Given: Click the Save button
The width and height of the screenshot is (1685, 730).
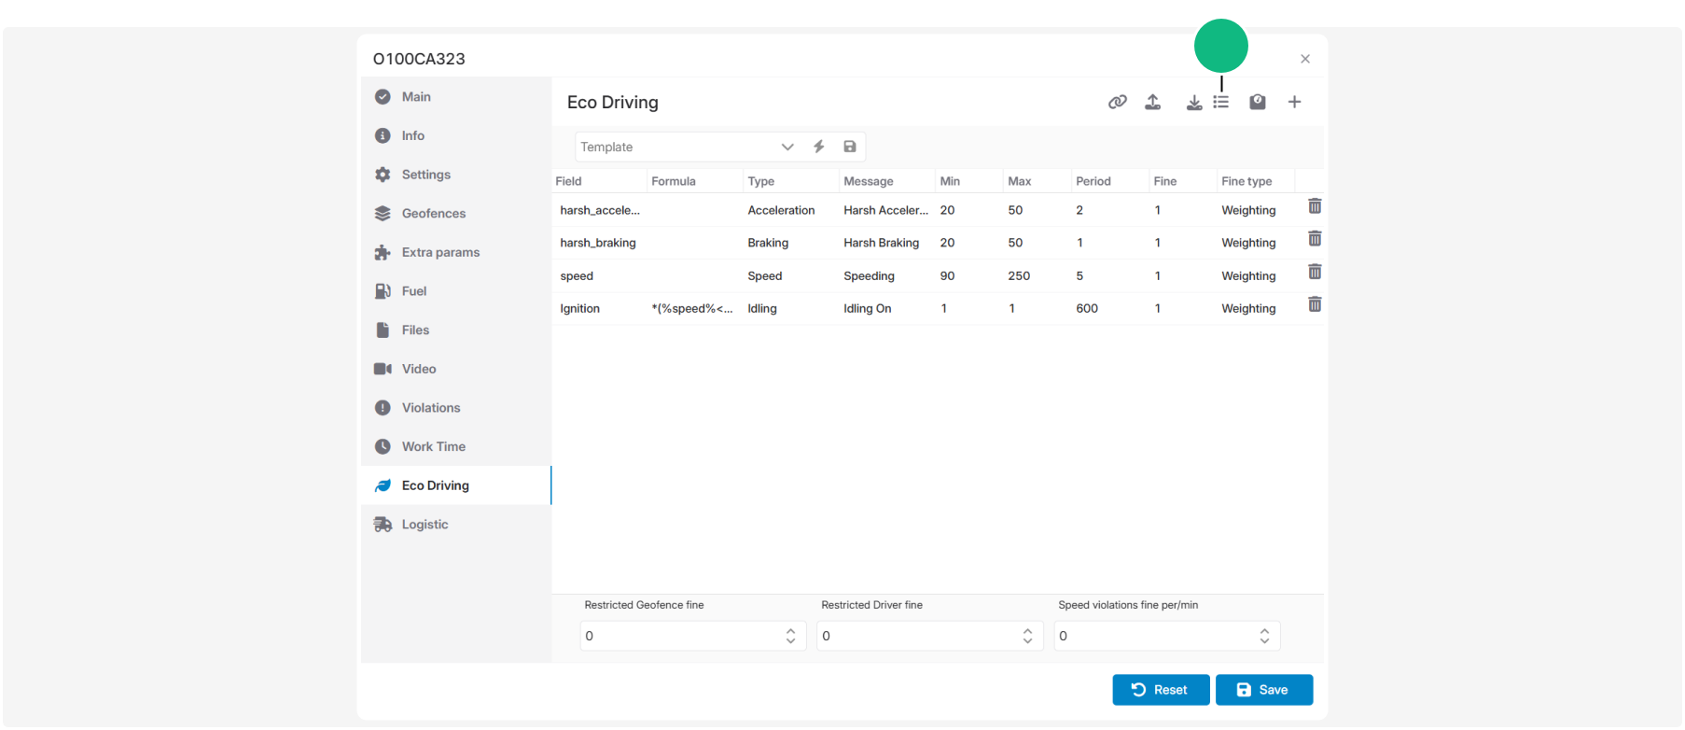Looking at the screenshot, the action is (x=1263, y=690).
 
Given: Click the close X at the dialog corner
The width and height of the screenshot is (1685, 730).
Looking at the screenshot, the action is (x=1305, y=59).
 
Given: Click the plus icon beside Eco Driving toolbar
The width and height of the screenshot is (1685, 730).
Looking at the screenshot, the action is (x=1294, y=102).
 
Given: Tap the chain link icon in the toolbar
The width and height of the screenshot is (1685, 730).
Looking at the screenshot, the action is (x=1117, y=102).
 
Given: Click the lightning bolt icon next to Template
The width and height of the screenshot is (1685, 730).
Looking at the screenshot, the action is (x=819, y=147).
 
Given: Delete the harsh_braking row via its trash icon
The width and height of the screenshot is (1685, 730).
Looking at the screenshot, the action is (x=1315, y=239).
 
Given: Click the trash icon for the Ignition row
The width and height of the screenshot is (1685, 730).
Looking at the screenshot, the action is (x=1315, y=304).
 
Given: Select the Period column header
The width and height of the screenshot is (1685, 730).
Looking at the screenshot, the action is (x=1093, y=181).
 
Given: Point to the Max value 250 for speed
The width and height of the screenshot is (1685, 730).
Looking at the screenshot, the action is (x=1019, y=276).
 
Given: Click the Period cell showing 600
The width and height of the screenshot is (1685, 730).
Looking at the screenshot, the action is (x=1087, y=309).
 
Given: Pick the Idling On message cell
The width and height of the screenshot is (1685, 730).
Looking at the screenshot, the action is (x=868, y=309).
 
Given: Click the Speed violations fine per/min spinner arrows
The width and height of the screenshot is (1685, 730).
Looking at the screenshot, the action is (x=1264, y=636).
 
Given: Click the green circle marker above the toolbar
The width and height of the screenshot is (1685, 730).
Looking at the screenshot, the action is (x=1221, y=46).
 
